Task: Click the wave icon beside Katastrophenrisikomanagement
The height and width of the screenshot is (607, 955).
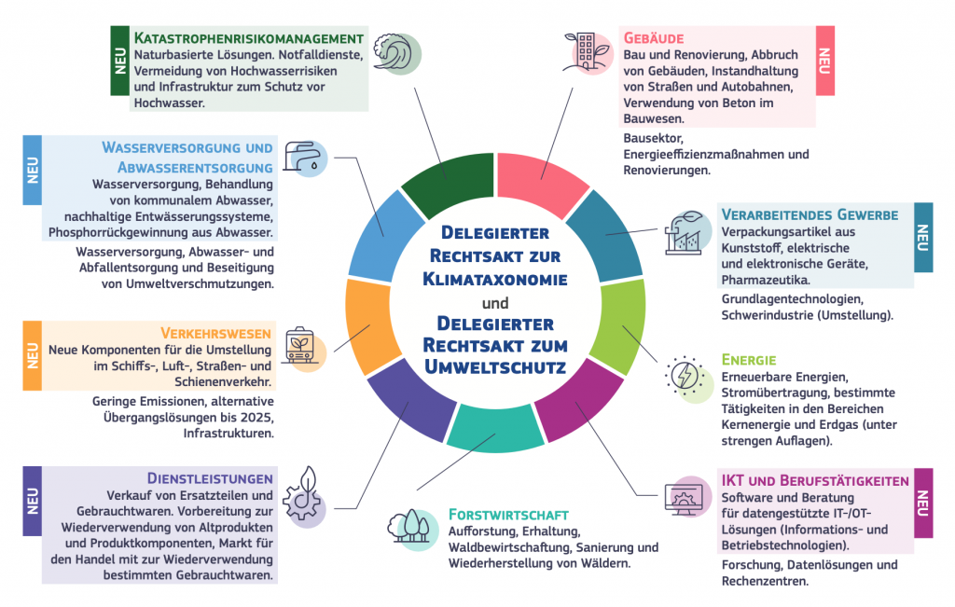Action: (396, 53)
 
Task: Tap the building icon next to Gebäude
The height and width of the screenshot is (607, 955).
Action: (588, 53)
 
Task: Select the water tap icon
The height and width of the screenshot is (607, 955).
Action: (306, 159)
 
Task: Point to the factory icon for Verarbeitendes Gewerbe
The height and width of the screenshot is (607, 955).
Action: (688, 232)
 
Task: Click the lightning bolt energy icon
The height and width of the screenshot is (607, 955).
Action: (688, 379)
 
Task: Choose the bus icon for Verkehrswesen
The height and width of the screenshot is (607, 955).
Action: (305, 349)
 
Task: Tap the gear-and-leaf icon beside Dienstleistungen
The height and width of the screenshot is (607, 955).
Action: (305, 497)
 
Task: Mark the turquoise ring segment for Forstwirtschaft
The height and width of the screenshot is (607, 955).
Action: (494, 429)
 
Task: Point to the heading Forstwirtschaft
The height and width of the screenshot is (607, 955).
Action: (508, 515)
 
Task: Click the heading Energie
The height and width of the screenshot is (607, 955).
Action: (749, 360)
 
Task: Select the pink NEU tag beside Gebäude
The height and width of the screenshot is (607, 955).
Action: (824, 61)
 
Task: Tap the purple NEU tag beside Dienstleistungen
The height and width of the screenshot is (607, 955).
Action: (33, 501)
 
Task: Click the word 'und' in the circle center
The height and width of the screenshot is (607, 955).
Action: (495, 303)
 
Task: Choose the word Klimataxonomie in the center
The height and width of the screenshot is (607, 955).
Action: (495, 280)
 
